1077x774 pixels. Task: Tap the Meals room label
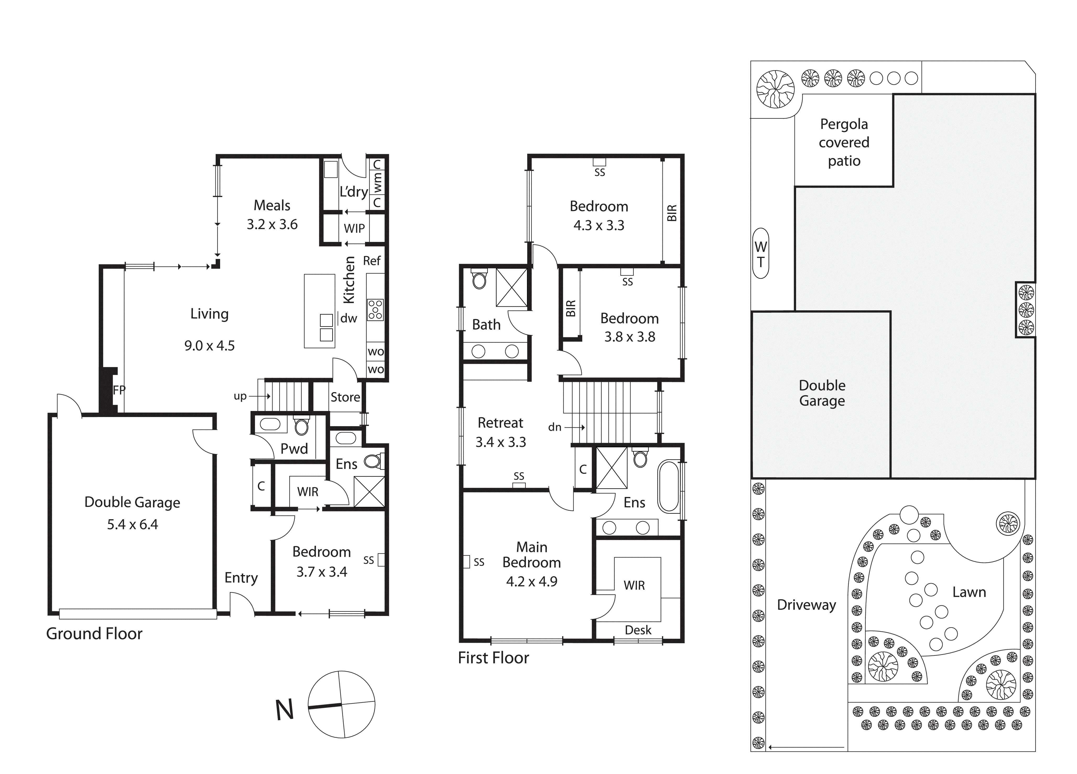272,205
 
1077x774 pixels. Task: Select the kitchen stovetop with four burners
375,310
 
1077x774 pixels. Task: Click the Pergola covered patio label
844,142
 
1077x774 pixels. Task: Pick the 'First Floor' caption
493,658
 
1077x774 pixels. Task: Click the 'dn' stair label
555,427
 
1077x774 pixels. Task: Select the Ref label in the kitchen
372,261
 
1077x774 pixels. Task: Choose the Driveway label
806,605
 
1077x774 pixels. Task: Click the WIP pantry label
354,228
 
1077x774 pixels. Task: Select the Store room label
345,397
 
